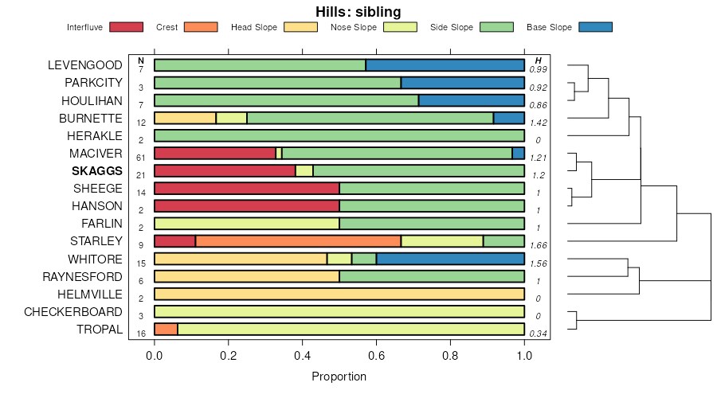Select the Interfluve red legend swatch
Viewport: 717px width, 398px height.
pyautogui.click(x=126, y=27)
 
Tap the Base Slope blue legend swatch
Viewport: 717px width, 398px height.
pyautogui.click(x=595, y=27)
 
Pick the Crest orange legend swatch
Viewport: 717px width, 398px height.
pyautogui.click(x=201, y=27)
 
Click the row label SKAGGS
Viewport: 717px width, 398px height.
pyautogui.click(x=98, y=171)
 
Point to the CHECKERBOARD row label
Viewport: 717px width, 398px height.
pyautogui.click(x=73, y=311)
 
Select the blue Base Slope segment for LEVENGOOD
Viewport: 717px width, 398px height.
pyautogui.click(x=445, y=65)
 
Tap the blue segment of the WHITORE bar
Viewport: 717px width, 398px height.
pyautogui.click(x=450, y=259)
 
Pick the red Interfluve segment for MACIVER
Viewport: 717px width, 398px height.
pyautogui.click(x=214, y=153)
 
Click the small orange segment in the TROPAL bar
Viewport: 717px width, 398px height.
pyautogui.click(x=166, y=329)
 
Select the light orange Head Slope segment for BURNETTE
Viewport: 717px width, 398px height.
pyautogui.click(x=185, y=118)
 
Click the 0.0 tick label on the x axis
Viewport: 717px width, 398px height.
pyautogui.click(x=155, y=356)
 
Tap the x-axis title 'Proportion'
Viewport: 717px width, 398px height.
pyautogui.click(x=339, y=377)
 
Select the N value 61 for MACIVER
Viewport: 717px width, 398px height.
pyautogui.click(x=141, y=158)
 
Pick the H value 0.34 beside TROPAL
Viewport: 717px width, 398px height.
pyautogui.click(x=539, y=334)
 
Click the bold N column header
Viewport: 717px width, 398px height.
pyautogui.click(x=141, y=60)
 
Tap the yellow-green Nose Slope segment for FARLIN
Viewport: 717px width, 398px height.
pyautogui.click(x=247, y=224)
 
